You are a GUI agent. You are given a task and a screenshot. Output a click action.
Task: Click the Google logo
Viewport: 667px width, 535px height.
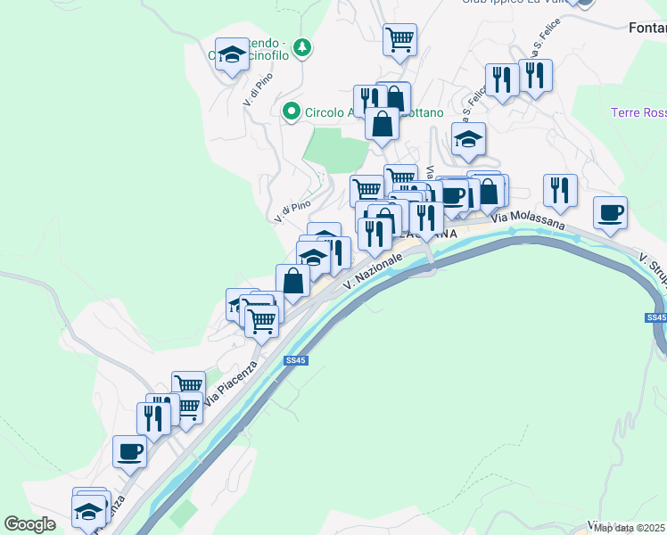(30, 524)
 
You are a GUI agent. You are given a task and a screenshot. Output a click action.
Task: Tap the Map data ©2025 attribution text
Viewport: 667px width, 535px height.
(630, 528)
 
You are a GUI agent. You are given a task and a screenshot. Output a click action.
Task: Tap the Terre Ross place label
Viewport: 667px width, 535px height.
(638, 112)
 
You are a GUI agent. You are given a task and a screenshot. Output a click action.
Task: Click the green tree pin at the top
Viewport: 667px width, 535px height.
(303, 46)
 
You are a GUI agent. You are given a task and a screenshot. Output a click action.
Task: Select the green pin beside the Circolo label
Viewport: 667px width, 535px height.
(291, 112)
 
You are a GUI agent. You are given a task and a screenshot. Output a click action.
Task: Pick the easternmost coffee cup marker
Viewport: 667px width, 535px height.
(611, 213)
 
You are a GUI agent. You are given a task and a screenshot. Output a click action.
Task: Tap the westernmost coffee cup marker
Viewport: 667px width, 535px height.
(129, 451)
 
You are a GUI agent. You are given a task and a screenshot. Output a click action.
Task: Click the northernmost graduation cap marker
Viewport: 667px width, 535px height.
(232, 53)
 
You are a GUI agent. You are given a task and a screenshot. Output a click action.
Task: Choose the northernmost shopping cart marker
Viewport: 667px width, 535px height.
(399, 38)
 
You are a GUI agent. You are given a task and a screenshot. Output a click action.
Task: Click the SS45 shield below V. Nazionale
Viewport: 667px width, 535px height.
(296, 360)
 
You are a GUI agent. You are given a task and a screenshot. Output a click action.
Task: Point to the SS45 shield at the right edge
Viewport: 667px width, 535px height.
(656, 317)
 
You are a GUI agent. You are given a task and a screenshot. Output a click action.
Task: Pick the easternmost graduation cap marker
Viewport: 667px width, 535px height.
(468, 138)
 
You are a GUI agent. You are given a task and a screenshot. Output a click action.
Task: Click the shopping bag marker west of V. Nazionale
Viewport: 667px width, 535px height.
(293, 281)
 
